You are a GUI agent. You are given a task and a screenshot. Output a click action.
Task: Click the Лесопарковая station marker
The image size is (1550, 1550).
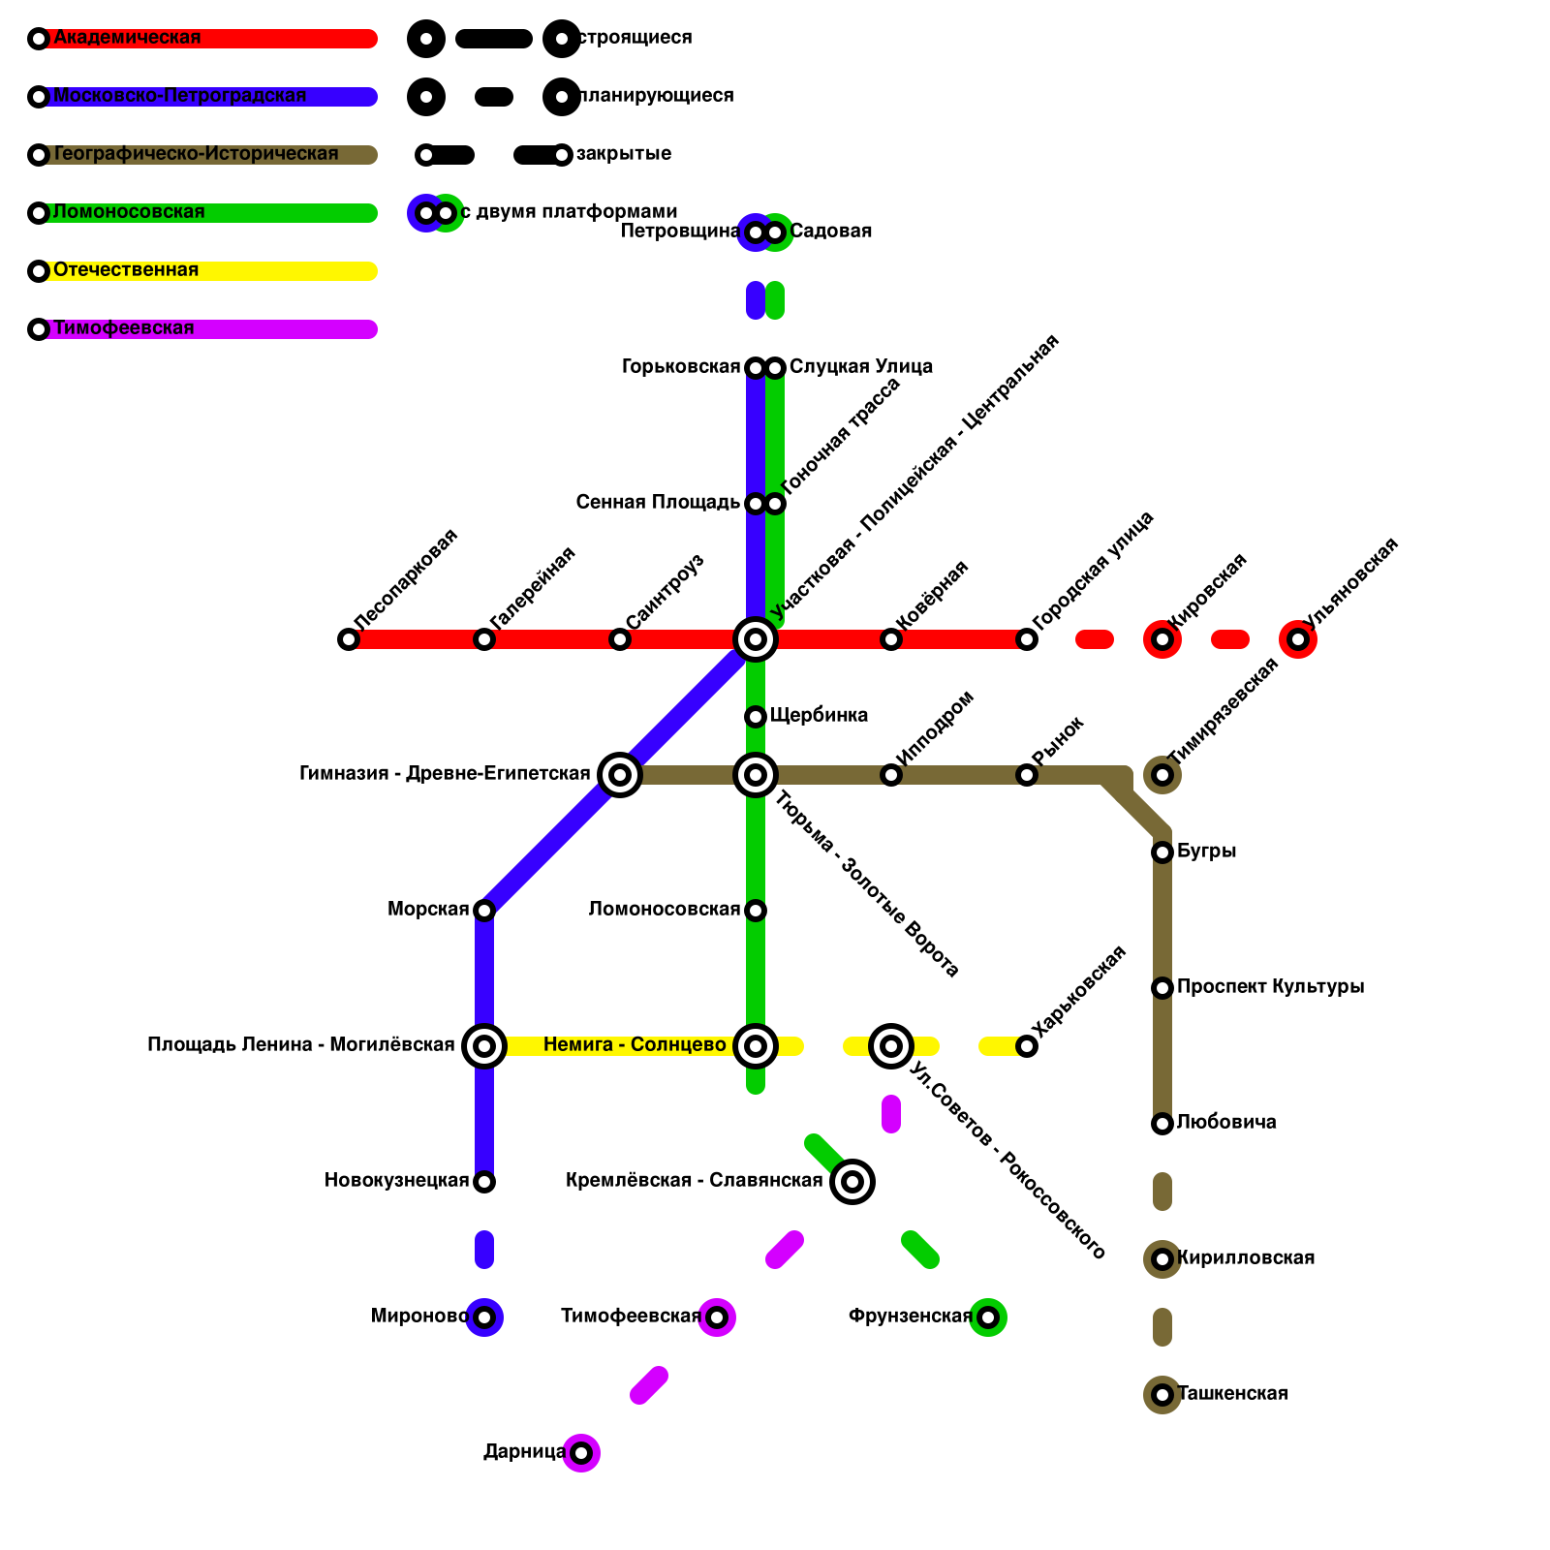(x=349, y=639)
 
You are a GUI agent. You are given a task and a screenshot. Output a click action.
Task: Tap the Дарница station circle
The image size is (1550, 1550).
(x=581, y=1453)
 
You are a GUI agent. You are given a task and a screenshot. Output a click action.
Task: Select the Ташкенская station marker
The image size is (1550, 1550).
(x=1162, y=1395)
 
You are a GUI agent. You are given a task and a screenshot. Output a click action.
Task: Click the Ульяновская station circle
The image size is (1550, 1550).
(x=1298, y=639)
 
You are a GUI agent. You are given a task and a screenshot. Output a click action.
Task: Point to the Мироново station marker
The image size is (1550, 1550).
(x=484, y=1317)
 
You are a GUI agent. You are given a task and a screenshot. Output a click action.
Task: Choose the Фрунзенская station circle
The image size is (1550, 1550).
(x=988, y=1317)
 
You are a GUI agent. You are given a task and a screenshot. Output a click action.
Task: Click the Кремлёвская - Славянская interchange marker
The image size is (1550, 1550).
(x=852, y=1182)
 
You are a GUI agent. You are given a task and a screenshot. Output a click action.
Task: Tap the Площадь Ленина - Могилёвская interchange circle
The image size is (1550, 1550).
(x=484, y=1046)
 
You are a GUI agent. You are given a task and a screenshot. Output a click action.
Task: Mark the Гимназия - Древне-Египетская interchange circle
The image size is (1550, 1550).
(x=620, y=775)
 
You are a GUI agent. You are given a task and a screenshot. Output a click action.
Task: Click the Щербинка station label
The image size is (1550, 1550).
(x=819, y=716)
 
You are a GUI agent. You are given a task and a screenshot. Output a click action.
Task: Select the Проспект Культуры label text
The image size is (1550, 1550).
(x=1270, y=987)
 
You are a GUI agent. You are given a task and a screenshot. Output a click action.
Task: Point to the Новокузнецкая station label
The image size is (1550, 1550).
(x=396, y=1181)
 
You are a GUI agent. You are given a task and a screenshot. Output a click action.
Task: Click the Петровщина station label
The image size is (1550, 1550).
(x=680, y=232)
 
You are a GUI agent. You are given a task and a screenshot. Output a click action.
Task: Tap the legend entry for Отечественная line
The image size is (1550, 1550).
(x=126, y=270)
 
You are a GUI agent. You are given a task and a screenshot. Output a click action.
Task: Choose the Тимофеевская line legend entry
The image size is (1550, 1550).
(x=124, y=328)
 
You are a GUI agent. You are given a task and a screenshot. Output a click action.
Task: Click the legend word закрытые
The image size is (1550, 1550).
(x=624, y=154)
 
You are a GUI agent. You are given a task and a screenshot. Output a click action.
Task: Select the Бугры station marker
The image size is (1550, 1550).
(x=1162, y=852)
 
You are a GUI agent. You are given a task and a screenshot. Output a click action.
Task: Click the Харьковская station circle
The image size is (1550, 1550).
(x=1027, y=1046)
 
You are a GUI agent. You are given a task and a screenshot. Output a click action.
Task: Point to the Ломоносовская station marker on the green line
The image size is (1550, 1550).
(x=756, y=911)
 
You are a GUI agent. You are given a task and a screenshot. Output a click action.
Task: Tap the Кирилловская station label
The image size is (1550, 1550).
(x=1246, y=1258)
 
